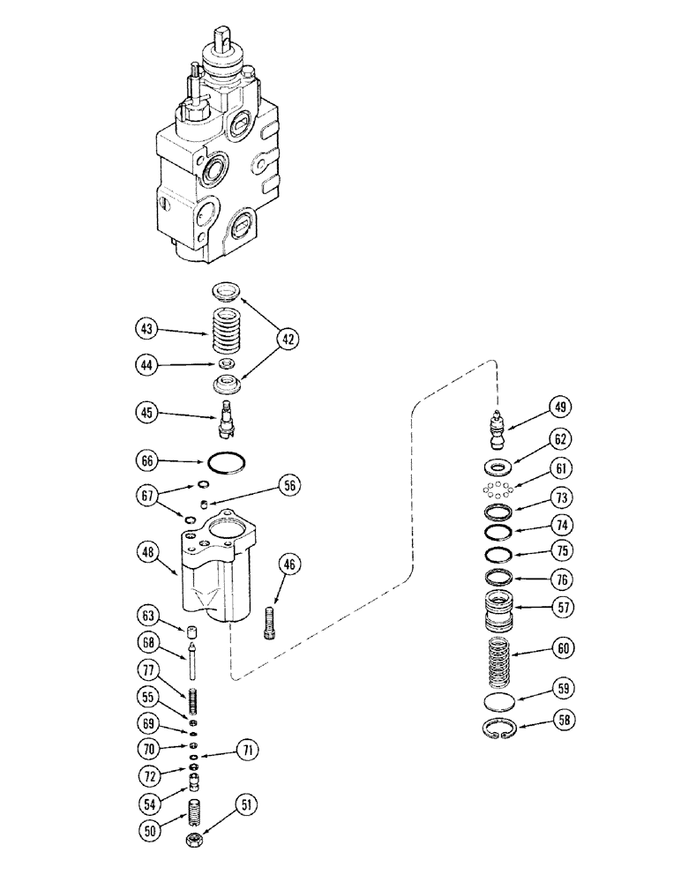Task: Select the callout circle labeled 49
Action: point(560,407)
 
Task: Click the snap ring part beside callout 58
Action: point(502,729)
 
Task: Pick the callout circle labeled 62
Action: point(560,437)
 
